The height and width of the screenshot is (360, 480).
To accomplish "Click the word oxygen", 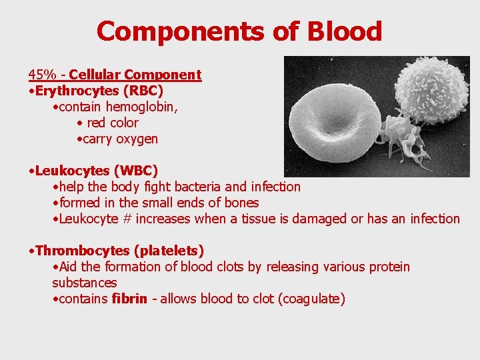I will click(x=137, y=139).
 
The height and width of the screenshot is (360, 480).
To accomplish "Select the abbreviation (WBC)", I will click(x=135, y=171).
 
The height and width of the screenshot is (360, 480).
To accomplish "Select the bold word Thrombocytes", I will click(x=83, y=251).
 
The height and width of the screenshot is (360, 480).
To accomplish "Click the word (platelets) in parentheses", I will click(x=169, y=251).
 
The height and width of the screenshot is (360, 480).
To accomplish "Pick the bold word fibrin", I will click(x=129, y=299).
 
